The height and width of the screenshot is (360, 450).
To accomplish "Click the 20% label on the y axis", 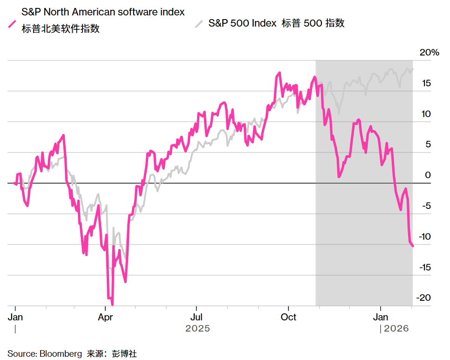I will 429,53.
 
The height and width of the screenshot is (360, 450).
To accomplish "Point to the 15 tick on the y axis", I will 426,84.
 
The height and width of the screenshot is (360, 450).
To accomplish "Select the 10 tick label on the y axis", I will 426,114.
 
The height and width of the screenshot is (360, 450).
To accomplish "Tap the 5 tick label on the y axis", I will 428,145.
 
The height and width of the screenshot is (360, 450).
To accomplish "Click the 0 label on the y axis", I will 428,175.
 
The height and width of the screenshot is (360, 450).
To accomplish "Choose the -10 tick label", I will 424,237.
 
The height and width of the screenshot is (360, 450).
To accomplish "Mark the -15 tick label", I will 424,268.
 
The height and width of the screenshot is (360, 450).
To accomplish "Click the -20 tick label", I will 424,298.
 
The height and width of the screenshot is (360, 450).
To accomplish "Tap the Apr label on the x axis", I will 105,317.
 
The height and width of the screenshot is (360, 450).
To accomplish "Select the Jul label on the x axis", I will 196,317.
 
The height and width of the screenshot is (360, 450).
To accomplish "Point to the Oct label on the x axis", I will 288,317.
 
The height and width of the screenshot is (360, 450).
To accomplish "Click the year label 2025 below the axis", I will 198,329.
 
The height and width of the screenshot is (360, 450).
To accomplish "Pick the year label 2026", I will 396,329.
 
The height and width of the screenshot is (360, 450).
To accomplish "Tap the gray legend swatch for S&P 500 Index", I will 199,23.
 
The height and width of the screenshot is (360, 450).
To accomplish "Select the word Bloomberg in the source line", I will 62,354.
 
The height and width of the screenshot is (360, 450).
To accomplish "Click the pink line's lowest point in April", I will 112,305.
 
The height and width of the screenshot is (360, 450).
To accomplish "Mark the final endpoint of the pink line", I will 413,246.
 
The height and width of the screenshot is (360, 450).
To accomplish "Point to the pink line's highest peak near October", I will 279,73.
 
